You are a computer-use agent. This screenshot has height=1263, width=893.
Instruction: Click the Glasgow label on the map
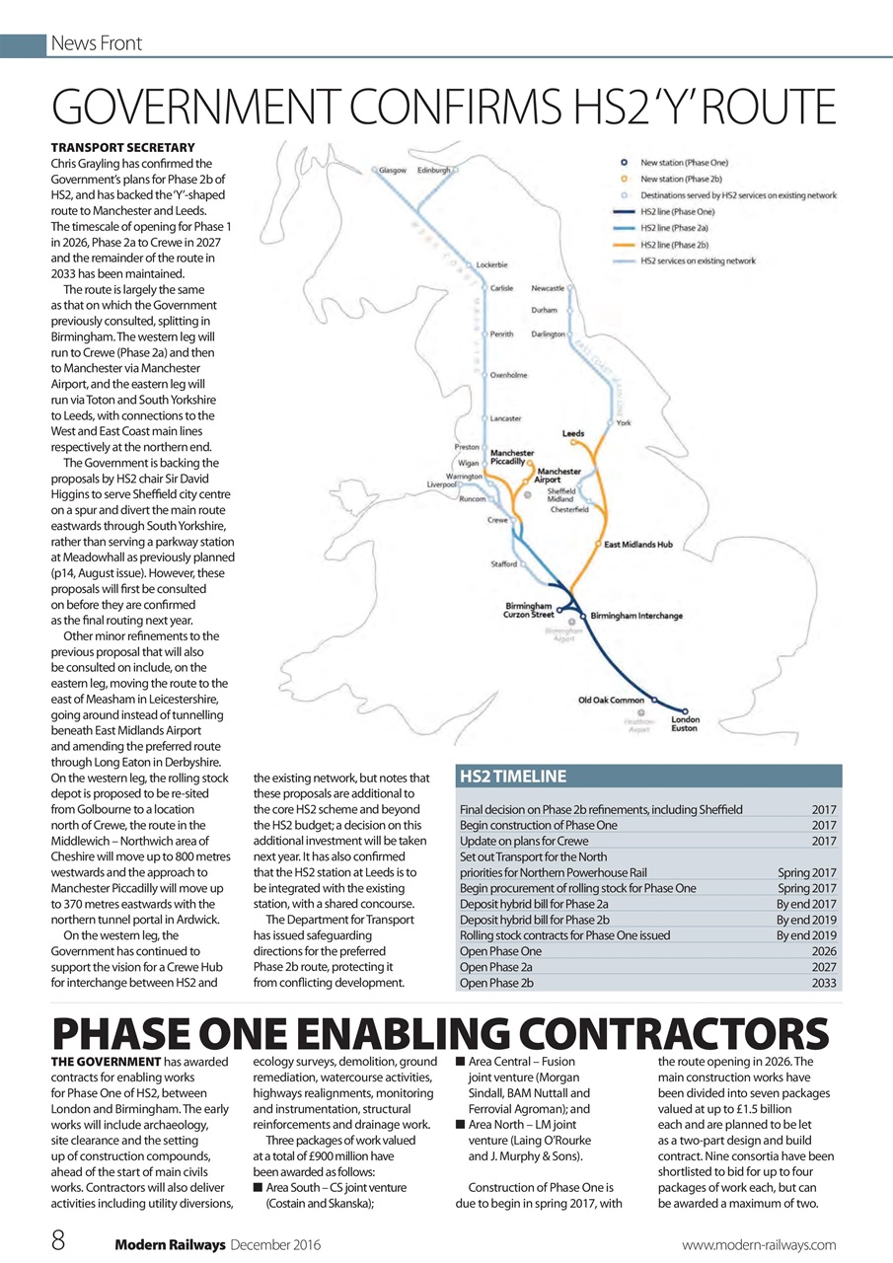point(393,170)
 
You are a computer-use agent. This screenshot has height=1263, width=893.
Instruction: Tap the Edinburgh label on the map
point(434,170)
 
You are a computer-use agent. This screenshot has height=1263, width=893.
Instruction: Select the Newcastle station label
point(548,288)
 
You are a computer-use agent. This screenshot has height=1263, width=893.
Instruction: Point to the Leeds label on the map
point(573,433)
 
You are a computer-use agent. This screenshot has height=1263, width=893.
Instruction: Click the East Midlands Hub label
point(638,544)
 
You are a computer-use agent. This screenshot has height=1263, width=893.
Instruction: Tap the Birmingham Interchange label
point(636,616)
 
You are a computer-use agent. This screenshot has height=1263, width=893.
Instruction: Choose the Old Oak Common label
point(611,700)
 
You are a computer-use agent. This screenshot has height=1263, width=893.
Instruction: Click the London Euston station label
point(685,723)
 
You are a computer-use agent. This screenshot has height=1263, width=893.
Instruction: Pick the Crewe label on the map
point(497,519)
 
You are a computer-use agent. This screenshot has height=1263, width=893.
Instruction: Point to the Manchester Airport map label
point(558,476)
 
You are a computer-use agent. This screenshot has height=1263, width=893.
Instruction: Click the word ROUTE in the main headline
point(758,107)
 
